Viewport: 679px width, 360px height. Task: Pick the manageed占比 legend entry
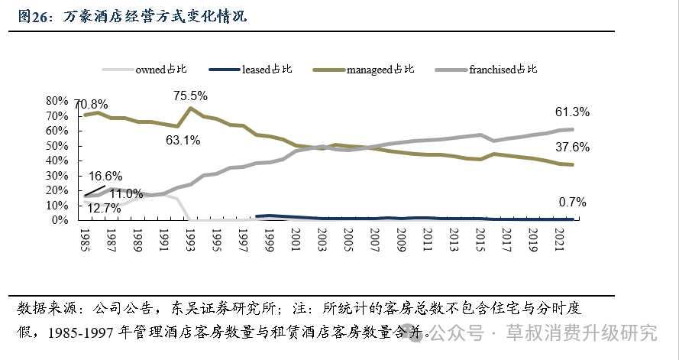coord(380,70)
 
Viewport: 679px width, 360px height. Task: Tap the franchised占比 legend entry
coord(503,70)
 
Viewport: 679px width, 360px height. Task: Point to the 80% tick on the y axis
coord(57,101)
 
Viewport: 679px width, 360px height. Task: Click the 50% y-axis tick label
coord(57,145)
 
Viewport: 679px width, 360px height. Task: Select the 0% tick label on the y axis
coord(60,220)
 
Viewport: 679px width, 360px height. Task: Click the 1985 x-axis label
coord(85,239)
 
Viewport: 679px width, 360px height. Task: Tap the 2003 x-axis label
coord(322,239)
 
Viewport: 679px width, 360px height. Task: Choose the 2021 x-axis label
coord(558,239)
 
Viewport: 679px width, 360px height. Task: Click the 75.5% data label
coord(191,96)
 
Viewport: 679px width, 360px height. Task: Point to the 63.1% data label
coord(183,140)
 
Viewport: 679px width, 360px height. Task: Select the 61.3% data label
coord(572,112)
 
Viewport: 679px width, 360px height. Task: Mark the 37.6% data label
coord(572,148)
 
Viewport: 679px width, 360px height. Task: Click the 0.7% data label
coord(572,203)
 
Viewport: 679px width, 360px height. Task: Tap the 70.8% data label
coord(92,104)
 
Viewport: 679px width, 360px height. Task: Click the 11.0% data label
coord(143,193)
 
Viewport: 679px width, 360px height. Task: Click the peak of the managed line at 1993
coord(189,108)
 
